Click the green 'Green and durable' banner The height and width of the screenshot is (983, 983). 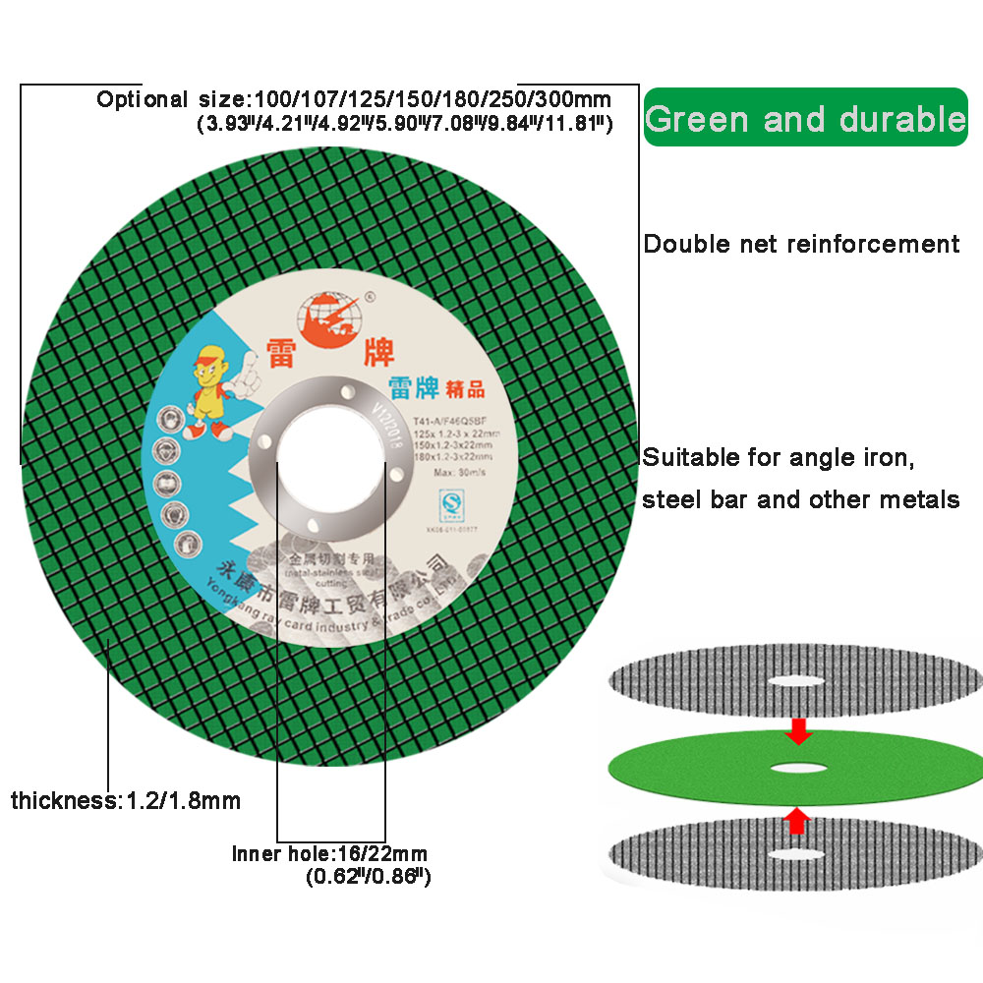click(805, 118)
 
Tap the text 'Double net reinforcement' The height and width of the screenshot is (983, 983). click(801, 244)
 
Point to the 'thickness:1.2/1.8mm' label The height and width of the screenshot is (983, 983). click(126, 800)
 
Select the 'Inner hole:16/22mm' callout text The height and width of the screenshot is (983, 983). click(330, 853)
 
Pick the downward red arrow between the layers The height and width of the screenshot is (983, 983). click(798, 728)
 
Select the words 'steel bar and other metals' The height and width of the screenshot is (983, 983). click(801, 499)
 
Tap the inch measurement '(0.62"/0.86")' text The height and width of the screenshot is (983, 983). click(370, 874)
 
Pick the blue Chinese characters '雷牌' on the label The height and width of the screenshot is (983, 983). click(413, 388)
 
